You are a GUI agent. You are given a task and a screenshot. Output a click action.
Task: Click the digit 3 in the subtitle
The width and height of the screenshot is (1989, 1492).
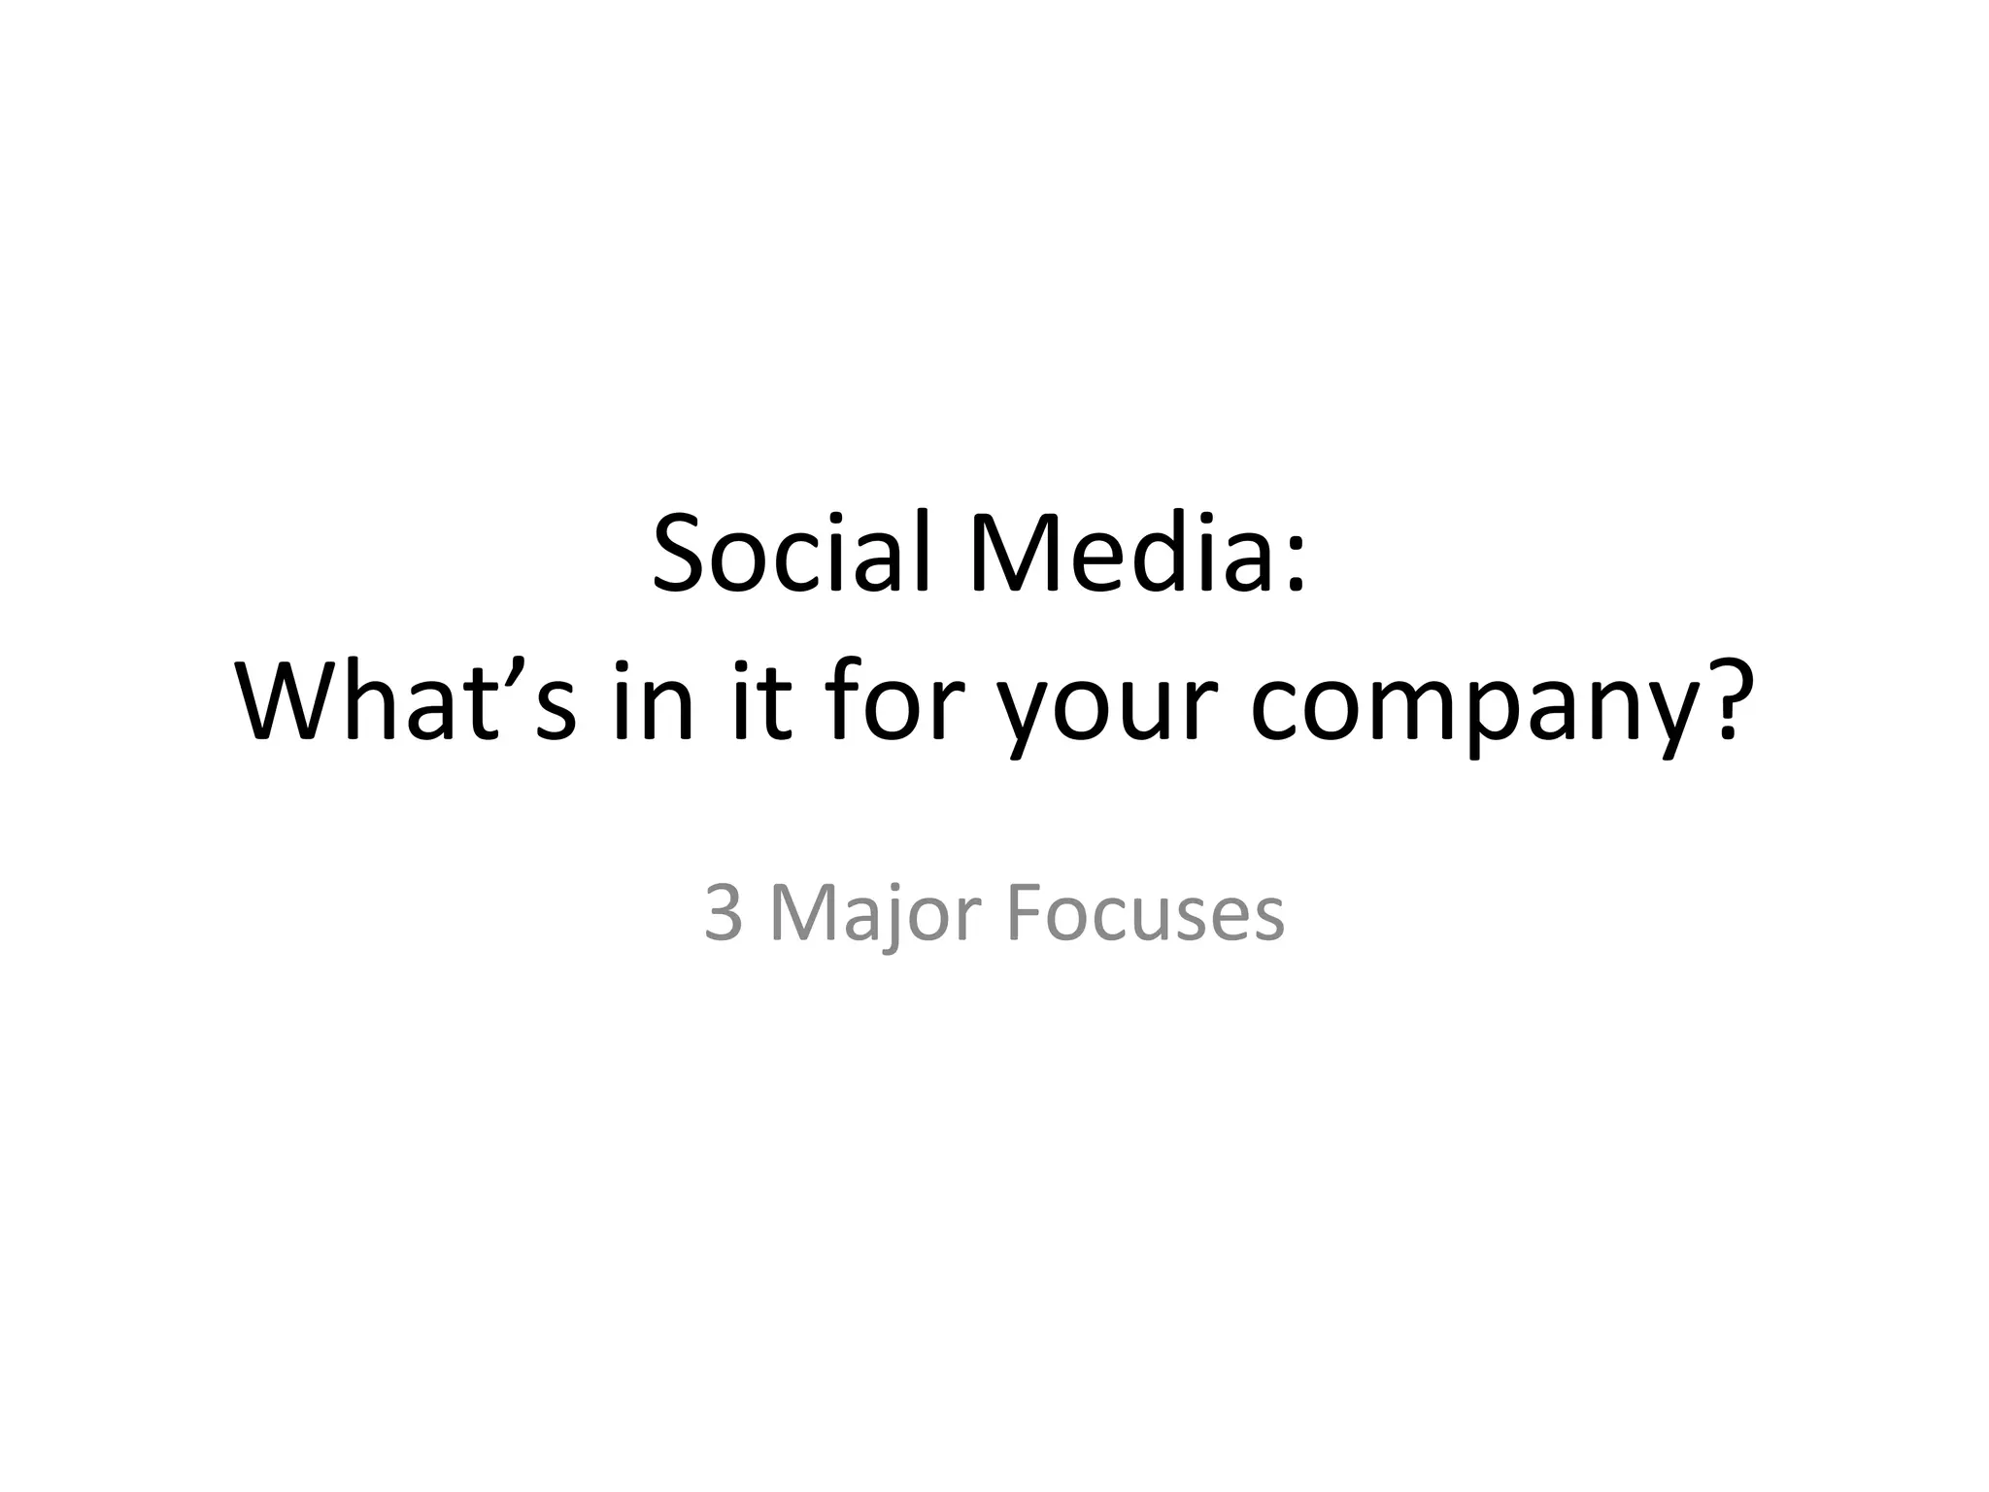coord(724,914)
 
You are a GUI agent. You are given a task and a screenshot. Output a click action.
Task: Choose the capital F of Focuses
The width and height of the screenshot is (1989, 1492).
coord(1023,914)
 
